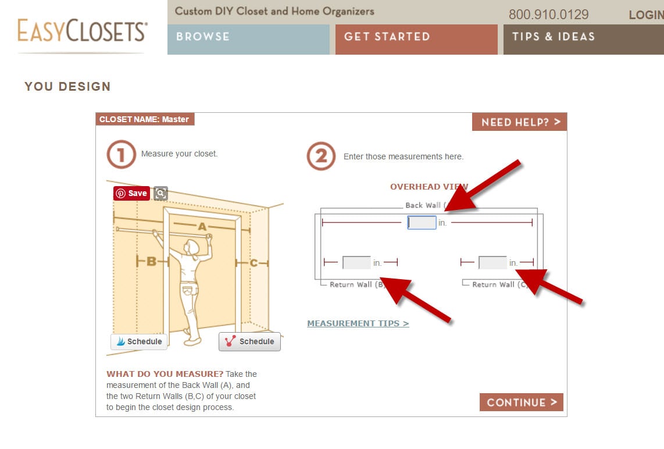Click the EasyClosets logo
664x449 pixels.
pos(82,31)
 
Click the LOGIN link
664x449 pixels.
pos(646,15)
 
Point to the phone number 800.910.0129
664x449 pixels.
pos(548,15)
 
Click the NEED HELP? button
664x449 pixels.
pos(519,122)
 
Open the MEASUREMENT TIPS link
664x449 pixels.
pos(358,323)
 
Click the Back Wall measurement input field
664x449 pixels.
pos(422,223)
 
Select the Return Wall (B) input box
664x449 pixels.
pos(356,263)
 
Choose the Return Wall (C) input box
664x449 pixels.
pos(492,263)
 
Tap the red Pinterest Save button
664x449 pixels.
pos(131,193)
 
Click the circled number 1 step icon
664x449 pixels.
pos(121,155)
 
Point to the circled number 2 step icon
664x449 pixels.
pos(321,156)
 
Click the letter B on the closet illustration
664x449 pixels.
pos(151,262)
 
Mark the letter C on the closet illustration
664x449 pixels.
pos(254,263)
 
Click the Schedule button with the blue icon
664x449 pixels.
pos(139,341)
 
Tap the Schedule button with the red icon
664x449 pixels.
pos(249,341)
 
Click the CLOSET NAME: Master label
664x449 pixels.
pos(145,119)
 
